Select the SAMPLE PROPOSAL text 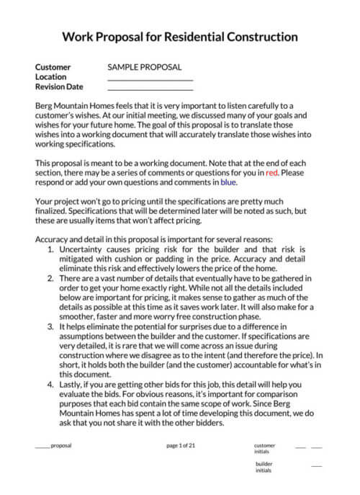[144, 67]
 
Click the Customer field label [53, 67]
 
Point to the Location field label [50, 77]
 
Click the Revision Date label [59, 87]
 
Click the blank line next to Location [150, 79]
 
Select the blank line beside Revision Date [150, 89]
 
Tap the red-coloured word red [271, 173]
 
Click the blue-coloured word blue [228, 183]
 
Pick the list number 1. [50, 249]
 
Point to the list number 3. [50, 326]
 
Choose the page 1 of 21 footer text [181, 445]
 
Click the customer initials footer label [264, 449]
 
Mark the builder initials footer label [264, 467]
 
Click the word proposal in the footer [61, 445]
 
